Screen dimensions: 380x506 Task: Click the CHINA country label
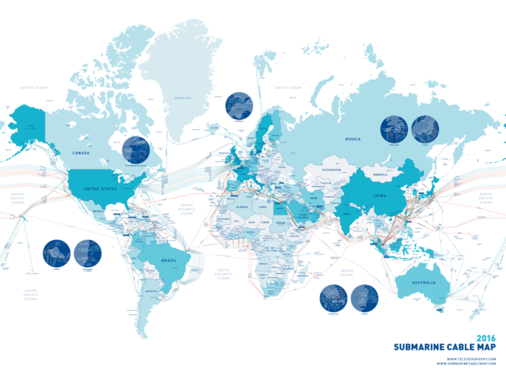[381, 196]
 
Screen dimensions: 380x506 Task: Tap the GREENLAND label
[183, 98]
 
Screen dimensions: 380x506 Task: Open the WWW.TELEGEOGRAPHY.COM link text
[471, 358]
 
